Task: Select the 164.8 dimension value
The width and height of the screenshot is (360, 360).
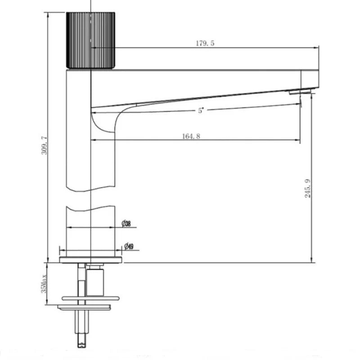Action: (x=191, y=136)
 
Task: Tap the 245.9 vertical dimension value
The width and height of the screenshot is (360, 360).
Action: (x=307, y=188)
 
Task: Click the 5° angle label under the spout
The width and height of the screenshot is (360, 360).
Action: (x=201, y=111)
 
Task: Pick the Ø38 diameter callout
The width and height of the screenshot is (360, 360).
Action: (x=126, y=224)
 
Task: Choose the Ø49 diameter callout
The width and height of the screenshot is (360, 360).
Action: (x=128, y=246)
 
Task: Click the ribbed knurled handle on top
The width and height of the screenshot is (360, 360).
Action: (x=91, y=40)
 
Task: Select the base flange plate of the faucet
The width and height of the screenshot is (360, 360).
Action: (x=91, y=260)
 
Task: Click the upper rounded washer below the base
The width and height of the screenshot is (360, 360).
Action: (x=90, y=298)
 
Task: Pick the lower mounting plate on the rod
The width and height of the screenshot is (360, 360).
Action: (x=83, y=307)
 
